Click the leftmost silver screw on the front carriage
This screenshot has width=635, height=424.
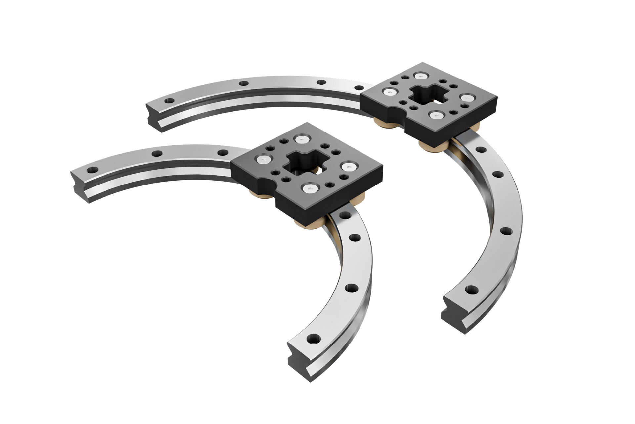click(264, 160)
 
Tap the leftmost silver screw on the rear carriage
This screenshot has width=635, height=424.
click(389, 92)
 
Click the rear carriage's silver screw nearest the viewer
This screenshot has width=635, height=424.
click(435, 115)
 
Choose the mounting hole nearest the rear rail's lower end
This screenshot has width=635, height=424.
click(471, 290)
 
